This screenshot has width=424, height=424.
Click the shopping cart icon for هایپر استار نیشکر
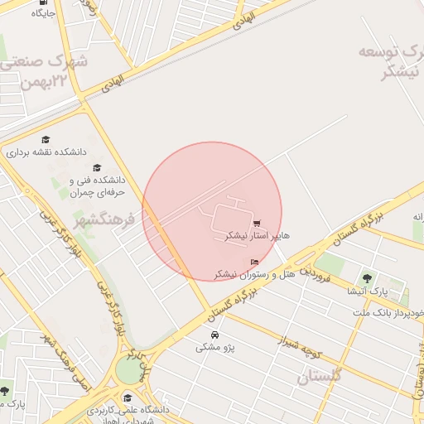coord(257,223)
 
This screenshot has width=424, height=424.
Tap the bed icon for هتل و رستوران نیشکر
coord(253,263)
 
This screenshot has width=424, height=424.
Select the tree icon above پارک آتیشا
coord(367,277)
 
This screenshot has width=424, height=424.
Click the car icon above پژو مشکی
coord(215,335)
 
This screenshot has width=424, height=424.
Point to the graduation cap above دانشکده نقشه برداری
coord(46,140)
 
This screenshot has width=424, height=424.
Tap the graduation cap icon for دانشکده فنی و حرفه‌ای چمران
coord(97,167)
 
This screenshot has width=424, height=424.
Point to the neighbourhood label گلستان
coord(319,377)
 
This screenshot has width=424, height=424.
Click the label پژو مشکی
coord(215,348)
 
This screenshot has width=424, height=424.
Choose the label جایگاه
coord(43,14)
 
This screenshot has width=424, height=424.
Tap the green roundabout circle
coord(129,370)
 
